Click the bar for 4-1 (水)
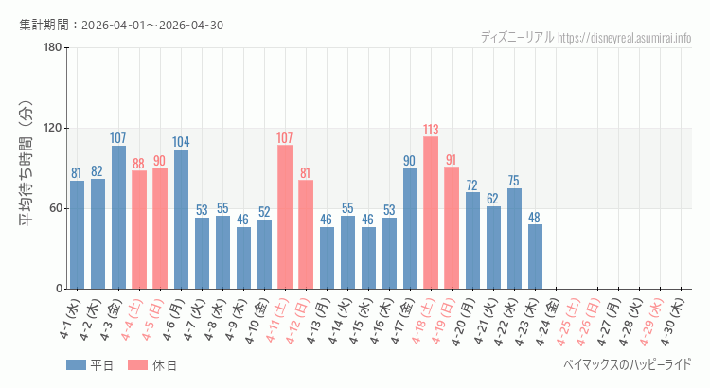click(77, 235)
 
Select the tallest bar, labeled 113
click(431, 213)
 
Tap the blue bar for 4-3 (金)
click(118, 218)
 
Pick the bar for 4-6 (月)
click(181, 220)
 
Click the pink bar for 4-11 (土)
click(285, 218)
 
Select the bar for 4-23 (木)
click(535, 256)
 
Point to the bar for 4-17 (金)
click(410, 229)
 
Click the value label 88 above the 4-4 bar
click(139, 164)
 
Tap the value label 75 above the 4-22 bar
click(514, 181)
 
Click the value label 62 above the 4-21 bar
click(493, 199)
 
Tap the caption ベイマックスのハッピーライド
click(627, 364)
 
